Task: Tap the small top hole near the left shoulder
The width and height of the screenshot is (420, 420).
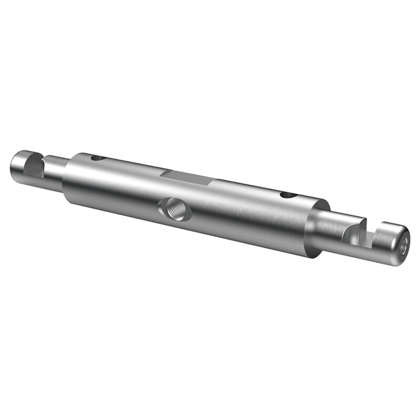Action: [97, 157]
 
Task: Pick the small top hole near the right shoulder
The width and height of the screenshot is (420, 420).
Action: [288, 195]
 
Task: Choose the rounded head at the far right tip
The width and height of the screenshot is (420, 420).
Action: [394, 243]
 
